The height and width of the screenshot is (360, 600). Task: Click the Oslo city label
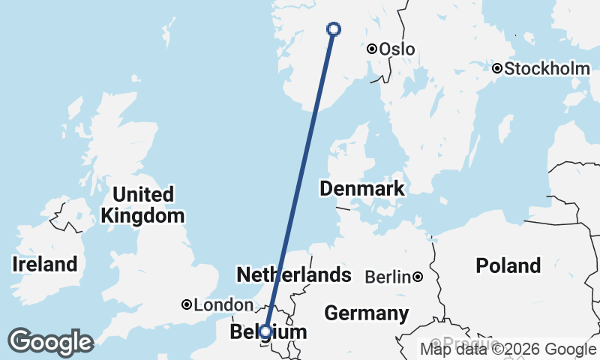pyautogui.click(x=397, y=49)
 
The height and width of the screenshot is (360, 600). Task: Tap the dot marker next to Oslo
pyautogui.click(x=372, y=49)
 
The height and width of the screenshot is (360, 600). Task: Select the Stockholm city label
pyautogui.click(x=547, y=69)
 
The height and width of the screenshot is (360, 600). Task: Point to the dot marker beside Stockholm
pyautogui.click(x=497, y=68)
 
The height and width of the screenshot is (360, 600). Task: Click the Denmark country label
pyautogui.click(x=362, y=188)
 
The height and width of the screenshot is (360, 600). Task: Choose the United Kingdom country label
pyautogui.click(x=142, y=205)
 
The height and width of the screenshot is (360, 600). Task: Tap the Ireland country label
pyautogui.click(x=45, y=264)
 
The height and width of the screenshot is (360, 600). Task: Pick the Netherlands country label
pyautogui.click(x=294, y=274)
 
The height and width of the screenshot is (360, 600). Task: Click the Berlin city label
pyautogui.click(x=388, y=277)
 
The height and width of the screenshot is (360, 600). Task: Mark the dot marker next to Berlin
pyautogui.click(x=418, y=277)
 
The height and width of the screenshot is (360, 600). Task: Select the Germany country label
pyautogui.click(x=367, y=313)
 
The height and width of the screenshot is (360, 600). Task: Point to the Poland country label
pyautogui.click(x=508, y=265)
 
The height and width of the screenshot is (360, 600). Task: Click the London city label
pyautogui.click(x=223, y=305)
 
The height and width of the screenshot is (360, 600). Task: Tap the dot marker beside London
pyautogui.click(x=187, y=304)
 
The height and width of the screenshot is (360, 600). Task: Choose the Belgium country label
pyautogui.click(x=268, y=332)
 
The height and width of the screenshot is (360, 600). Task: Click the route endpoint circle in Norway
pyautogui.click(x=334, y=29)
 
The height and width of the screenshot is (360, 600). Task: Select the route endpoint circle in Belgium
pyautogui.click(x=265, y=330)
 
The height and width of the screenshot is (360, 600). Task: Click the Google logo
pyautogui.click(x=50, y=342)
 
